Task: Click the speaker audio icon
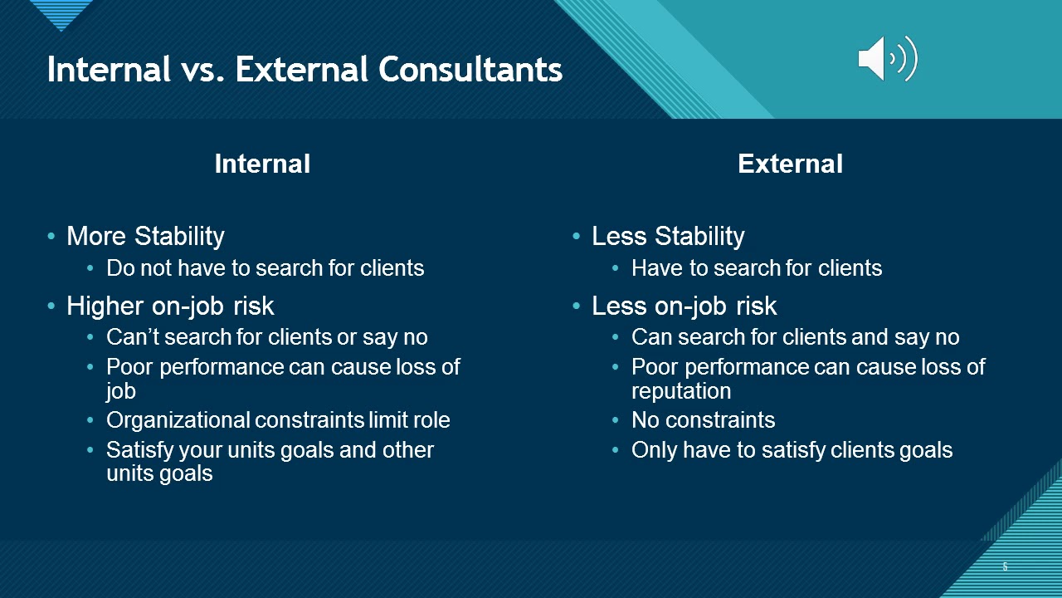(887, 59)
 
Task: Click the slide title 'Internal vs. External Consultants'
(304, 70)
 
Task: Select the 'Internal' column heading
(262, 164)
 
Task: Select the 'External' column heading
(790, 164)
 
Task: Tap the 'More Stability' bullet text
(145, 237)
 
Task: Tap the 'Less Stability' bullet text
(668, 237)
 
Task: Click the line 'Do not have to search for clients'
(265, 268)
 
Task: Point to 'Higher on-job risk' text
(170, 306)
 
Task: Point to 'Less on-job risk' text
(684, 306)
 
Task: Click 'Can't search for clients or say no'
(266, 337)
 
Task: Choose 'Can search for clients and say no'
(795, 337)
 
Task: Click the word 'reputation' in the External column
(681, 391)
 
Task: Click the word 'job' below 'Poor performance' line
(120, 391)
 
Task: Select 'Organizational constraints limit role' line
(278, 420)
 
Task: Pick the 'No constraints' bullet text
(703, 420)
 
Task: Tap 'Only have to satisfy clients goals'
(792, 450)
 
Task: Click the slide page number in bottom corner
(1005, 567)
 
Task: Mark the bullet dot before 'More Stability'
(52, 238)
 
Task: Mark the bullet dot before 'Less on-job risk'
(577, 307)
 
